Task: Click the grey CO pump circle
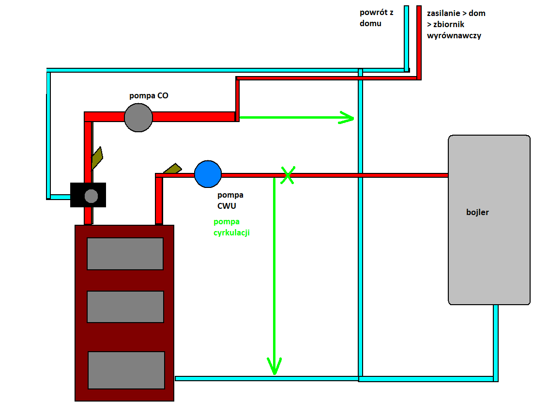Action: point(138,117)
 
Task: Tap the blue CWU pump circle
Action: point(208,174)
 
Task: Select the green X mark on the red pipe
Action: point(288,175)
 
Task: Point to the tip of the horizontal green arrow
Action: point(353,117)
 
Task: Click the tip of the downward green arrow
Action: point(274,372)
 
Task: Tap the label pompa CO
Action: point(149,95)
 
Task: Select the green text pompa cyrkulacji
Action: point(231,227)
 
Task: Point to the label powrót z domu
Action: point(376,18)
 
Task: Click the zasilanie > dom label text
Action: point(456,14)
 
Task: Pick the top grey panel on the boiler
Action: point(125,253)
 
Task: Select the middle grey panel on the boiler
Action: point(125,307)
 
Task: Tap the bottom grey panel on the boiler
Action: point(126,370)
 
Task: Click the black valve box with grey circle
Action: point(88,195)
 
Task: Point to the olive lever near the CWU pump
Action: point(172,169)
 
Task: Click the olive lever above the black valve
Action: point(97,157)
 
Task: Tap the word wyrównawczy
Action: point(454,35)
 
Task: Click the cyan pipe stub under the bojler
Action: point(496,341)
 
